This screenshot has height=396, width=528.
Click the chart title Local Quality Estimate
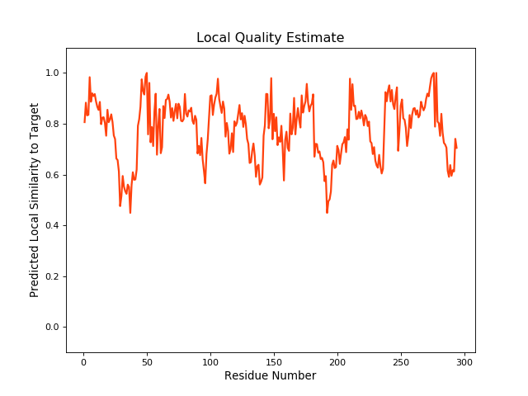coord(270,38)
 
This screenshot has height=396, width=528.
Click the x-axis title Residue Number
coord(270,375)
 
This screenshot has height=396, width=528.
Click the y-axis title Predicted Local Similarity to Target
coord(35,200)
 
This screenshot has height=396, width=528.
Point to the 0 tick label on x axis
coord(83,361)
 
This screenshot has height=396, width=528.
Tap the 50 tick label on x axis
coord(147,361)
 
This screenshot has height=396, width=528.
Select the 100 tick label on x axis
coord(210,361)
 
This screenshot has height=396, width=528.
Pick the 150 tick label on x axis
coord(274,361)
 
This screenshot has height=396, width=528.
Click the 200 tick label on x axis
coord(337,361)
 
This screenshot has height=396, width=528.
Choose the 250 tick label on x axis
coord(401,361)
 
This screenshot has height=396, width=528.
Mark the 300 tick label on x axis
coord(464,361)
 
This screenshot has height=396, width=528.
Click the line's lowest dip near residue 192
coord(327,213)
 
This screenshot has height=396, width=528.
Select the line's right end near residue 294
coord(456,148)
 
